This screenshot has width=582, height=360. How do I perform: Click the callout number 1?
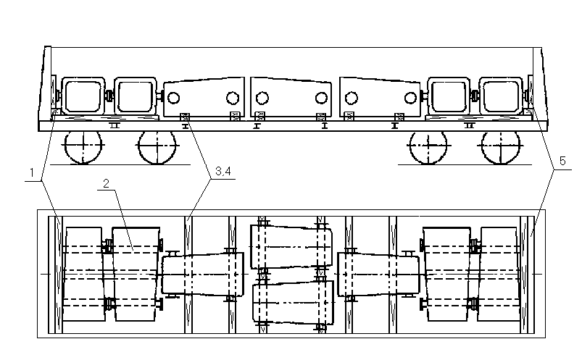[x=33, y=172]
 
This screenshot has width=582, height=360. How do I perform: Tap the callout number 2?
[x=106, y=183]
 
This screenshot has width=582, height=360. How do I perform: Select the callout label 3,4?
[x=223, y=171]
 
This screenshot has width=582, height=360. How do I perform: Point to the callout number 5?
[x=562, y=161]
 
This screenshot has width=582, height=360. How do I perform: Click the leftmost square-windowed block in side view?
[x=83, y=96]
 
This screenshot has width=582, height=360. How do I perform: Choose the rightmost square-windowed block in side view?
[x=502, y=96]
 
